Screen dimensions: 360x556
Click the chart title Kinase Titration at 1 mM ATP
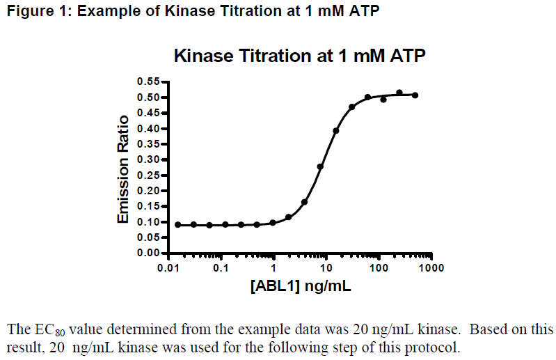tap(299, 56)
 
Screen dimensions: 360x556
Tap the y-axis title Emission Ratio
tap(123, 169)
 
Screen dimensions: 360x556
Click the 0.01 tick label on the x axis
tap(168, 268)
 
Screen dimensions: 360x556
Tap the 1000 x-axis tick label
tap(431, 268)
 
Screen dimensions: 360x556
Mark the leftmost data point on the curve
tap(177, 225)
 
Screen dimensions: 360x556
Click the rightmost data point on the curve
tap(415, 95)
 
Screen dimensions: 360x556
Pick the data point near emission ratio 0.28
tap(320, 166)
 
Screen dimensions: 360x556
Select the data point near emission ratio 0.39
tap(336, 130)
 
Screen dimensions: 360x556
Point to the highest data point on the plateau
tap(399, 93)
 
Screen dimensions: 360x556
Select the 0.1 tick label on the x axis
tap(221, 268)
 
